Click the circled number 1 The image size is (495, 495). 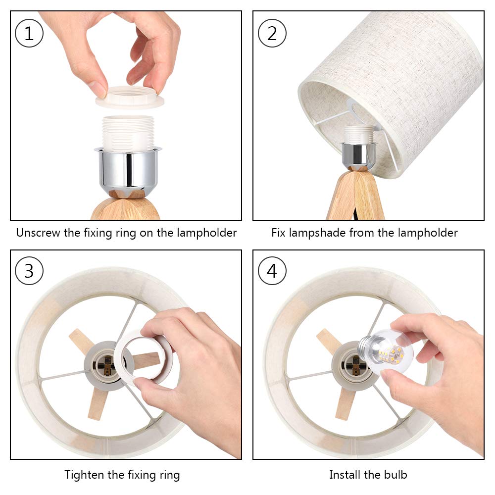coord(29,33)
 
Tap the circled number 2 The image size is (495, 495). coord(272,33)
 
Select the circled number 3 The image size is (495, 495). coord(29,271)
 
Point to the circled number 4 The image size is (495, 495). coord(272,271)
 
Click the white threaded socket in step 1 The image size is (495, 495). coord(128,133)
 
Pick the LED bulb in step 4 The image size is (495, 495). coord(386,351)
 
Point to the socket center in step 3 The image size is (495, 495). coord(104,366)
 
